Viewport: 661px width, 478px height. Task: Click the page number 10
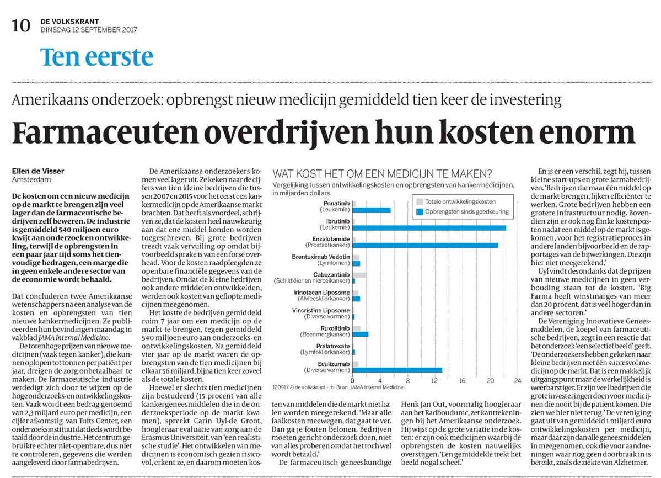pos(20,26)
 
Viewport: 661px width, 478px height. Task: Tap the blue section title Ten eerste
pos(96,57)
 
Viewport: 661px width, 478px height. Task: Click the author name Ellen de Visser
pos(38,171)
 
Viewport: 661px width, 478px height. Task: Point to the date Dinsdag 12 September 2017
pos(89,30)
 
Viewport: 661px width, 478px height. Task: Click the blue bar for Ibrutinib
pos(429,228)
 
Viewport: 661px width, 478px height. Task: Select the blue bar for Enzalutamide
pos(426,246)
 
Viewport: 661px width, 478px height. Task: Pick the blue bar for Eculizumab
pos(397,370)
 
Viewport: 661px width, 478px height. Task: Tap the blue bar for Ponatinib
pos(372,210)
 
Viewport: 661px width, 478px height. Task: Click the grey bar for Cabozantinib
pos(359,275)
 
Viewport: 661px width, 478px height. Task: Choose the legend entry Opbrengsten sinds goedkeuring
pos(463,212)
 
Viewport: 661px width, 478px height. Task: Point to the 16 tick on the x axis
pos(463,380)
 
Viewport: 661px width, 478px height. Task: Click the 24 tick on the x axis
pos(518,380)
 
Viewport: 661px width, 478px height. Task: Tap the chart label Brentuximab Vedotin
pos(321,257)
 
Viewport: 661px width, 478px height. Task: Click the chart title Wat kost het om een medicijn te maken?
pos(383,174)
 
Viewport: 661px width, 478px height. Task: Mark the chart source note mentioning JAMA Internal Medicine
pos(337,387)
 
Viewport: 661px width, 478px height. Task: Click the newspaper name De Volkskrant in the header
pos(70,22)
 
